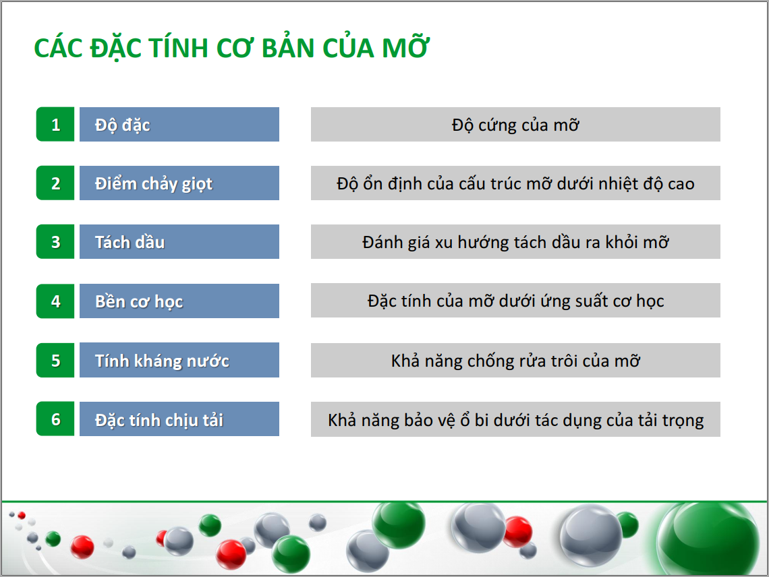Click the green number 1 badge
55,125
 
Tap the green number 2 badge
55,183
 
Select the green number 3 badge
55,242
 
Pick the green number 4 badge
55,301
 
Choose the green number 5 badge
55,360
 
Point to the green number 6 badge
55,419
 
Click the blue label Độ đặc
179,125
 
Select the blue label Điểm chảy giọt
179,183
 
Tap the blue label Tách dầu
179,242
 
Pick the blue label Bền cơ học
179,301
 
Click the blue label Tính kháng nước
179,360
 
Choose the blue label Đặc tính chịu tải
179,419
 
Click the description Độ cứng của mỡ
515,125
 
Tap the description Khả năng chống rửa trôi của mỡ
515,361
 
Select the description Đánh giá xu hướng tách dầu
515,242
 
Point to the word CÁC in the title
59,48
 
